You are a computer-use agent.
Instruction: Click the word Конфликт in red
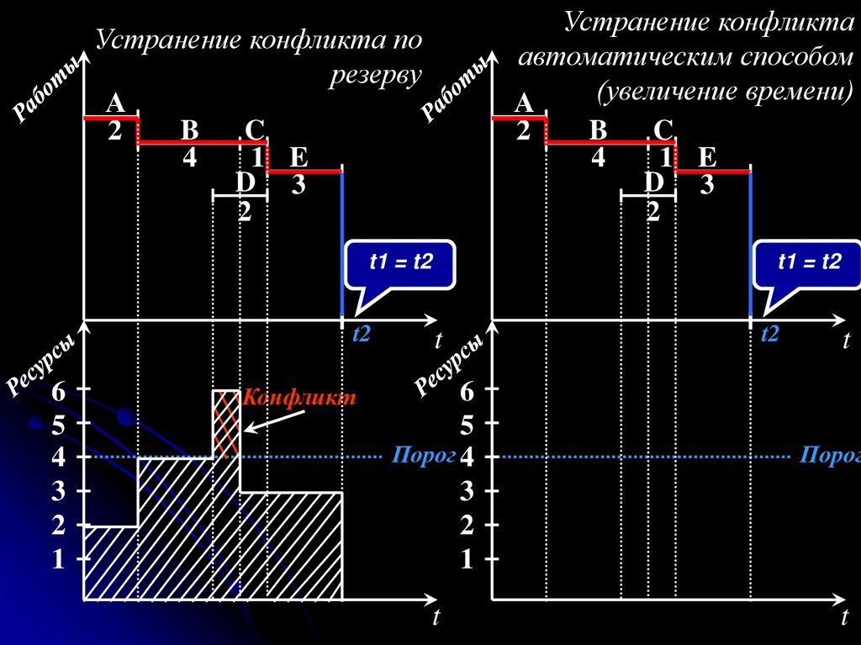click(299, 398)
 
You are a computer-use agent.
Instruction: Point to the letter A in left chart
click(115, 103)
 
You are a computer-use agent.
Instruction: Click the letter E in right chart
click(706, 156)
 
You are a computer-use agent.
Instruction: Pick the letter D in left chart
click(245, 182)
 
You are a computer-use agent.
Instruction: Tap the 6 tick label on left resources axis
click(58, 391)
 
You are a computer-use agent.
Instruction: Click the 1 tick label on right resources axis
click(467, 560)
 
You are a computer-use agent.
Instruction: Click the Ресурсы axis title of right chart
click(450, 364)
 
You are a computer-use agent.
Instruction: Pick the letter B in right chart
click(598, 130)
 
